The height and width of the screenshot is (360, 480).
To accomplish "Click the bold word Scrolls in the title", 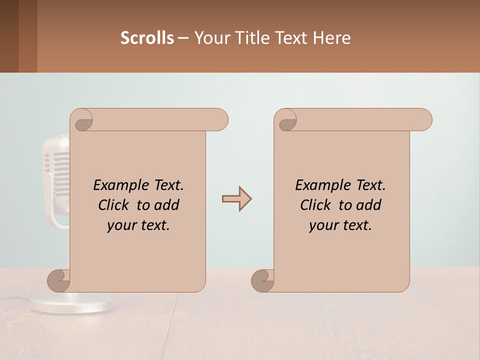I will [147, 38].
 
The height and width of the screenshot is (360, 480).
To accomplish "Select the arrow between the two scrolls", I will [236, 199].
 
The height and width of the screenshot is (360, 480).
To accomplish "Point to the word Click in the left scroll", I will [109, 205].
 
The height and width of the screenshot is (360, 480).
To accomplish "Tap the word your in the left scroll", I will [121, 225].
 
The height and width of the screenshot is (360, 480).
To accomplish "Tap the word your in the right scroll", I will [323, 225].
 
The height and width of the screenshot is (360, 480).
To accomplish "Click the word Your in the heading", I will [210, 38].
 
